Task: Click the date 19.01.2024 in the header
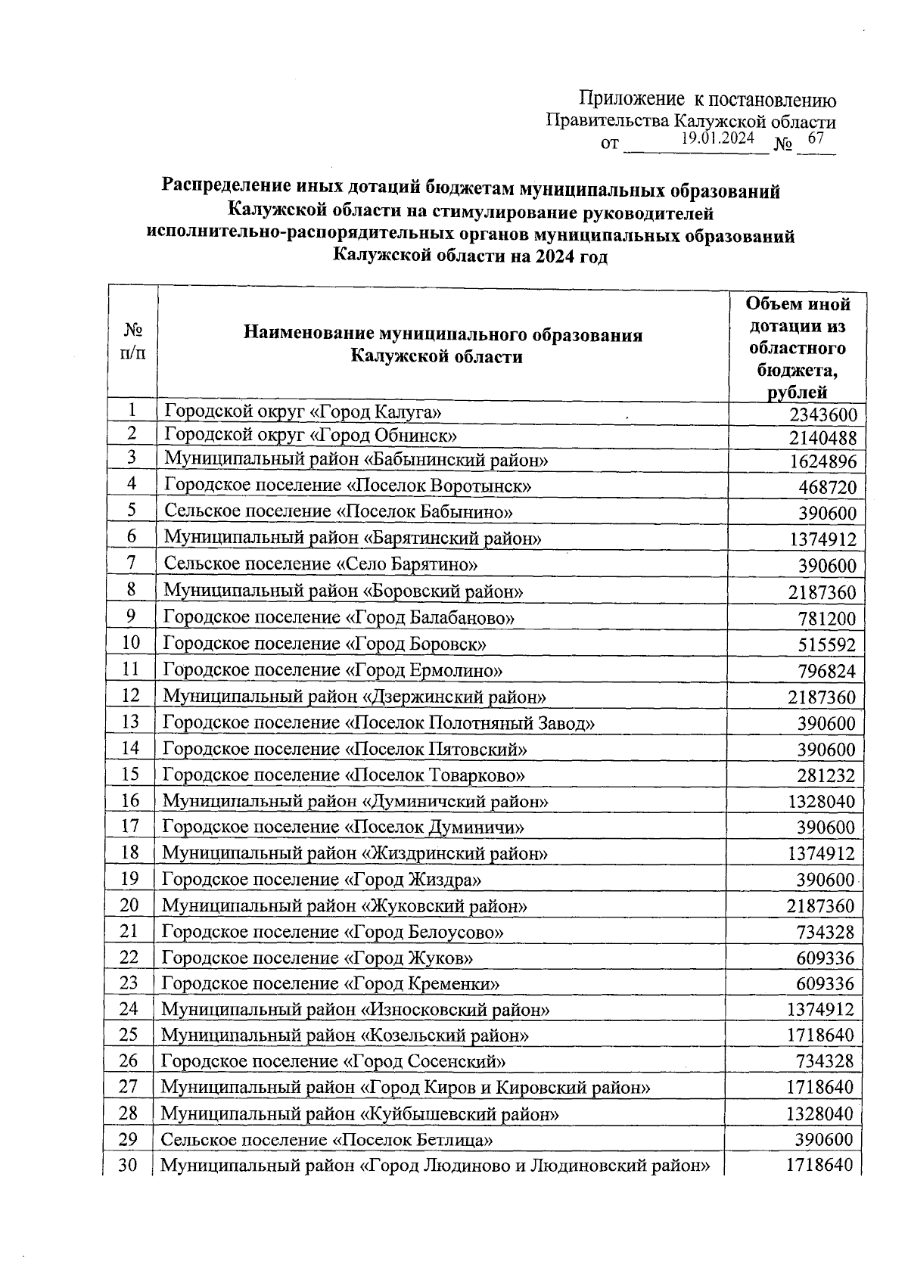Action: point(717,138)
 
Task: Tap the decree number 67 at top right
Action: point(816,138)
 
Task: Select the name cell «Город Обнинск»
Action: point(311,436)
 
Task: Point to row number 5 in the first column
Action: point(132,511)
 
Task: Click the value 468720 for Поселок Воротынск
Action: point(827,487)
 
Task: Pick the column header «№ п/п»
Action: point(133,342)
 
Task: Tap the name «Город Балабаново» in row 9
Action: point(339,617)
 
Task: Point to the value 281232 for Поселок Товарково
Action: point(826,776)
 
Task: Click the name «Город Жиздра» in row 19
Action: point(322,880)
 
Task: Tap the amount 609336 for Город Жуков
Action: point(825,958)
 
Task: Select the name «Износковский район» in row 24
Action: point(356,1010)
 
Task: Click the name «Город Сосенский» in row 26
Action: point(334,1061)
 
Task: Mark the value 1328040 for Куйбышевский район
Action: point(819,1114)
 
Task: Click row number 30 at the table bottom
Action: point(129,1166)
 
